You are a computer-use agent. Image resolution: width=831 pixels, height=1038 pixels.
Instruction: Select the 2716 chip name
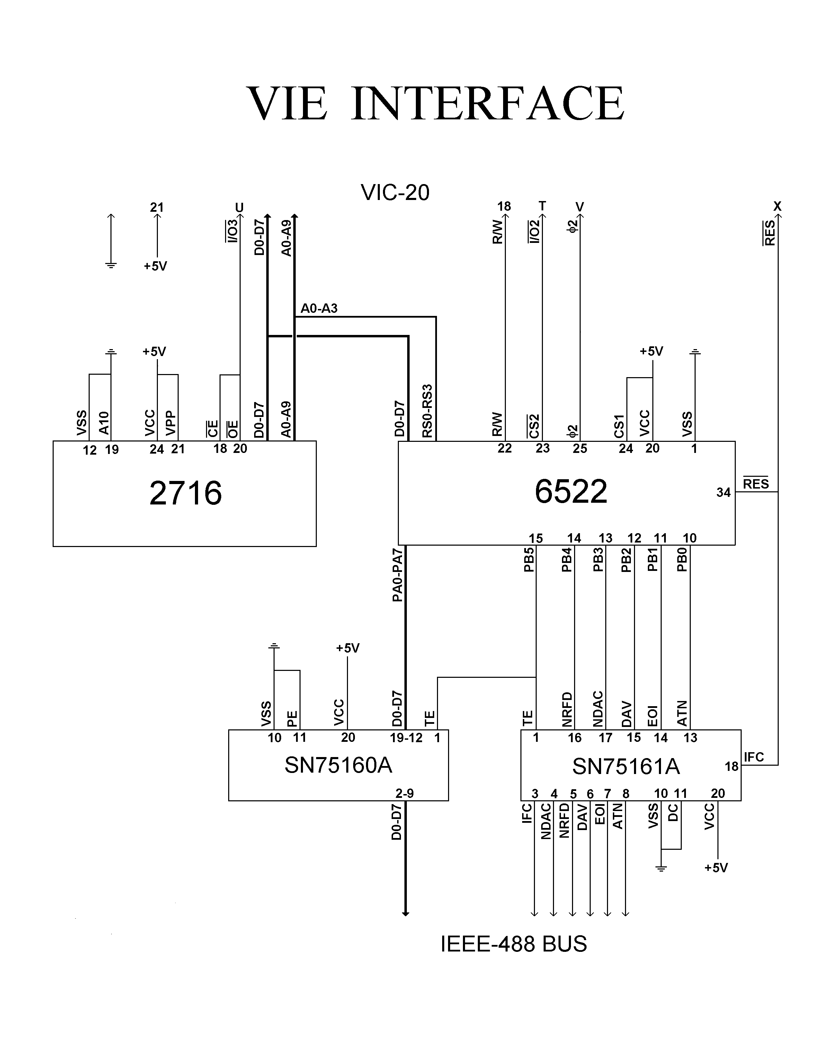pos(186,493)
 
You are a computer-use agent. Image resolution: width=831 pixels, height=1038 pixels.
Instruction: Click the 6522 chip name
pos(571,492)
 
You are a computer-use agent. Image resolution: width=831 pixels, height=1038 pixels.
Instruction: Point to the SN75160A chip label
pos(338,765)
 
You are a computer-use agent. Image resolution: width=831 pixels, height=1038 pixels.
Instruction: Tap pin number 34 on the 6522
pos(723,492)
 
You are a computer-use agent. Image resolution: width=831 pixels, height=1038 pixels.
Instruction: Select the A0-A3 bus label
pos(319,308)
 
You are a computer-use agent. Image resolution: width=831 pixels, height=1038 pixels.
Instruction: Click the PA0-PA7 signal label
pos(397,575)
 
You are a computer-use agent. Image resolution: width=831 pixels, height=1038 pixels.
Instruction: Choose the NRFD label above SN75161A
pos(567,709)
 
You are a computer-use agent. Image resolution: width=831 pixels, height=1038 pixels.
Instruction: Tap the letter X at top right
pos(777,206)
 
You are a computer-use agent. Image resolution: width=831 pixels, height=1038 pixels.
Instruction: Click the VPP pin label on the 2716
pos(171,423)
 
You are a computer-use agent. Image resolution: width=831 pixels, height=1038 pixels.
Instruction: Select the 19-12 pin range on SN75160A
pos(405,738)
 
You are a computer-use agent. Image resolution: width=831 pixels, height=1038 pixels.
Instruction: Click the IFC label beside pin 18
pos(753,757)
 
